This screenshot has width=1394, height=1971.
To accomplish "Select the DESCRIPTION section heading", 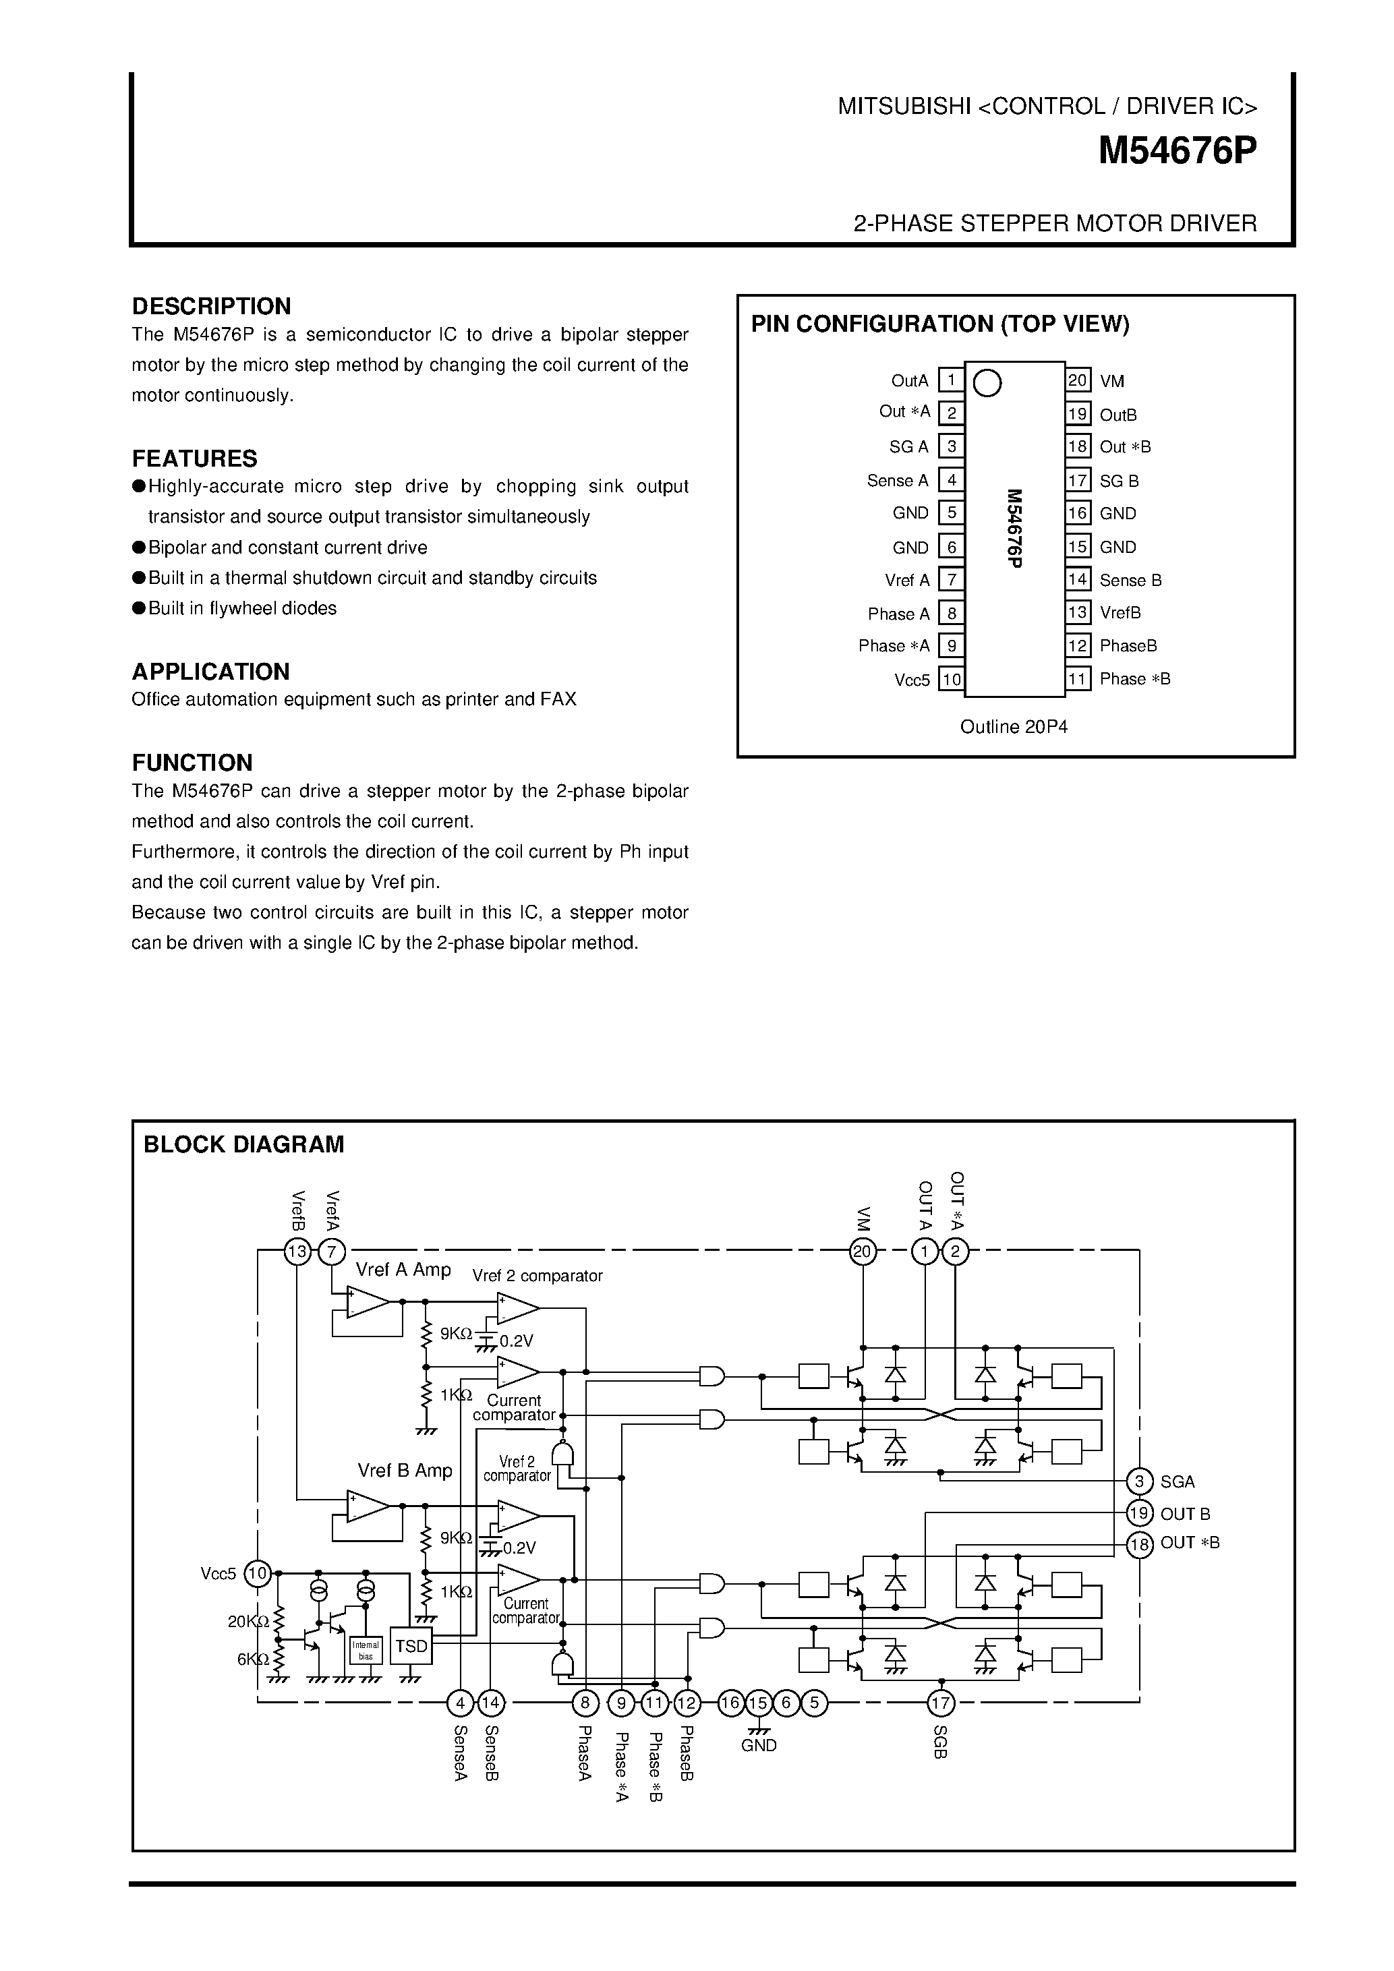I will tap(211, 306).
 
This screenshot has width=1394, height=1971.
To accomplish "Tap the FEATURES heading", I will tap(195, 459).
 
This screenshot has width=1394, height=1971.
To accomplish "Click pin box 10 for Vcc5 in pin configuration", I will tap(951, 680).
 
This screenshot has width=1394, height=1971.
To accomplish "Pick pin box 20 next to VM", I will tap(1078, 380).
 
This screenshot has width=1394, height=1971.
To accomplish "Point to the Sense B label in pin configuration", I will tap(1130, 581).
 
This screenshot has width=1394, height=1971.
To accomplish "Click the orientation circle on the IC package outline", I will tap(988, 383).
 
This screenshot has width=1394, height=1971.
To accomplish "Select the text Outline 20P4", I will tap(1014, 727).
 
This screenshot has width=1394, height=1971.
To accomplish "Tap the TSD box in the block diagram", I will tap(411, 1646).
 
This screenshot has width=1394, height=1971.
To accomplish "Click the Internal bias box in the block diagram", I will tap(366, 1650).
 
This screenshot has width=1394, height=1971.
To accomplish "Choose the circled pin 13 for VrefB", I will tap(297, 1252).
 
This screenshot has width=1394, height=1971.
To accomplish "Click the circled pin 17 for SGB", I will tap(941, 1703).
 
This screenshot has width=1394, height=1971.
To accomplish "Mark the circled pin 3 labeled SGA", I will tap(1139, 1481).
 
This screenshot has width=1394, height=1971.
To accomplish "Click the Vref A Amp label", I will tap(403, 1270).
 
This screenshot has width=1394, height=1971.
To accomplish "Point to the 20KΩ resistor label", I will tap(249, 1622).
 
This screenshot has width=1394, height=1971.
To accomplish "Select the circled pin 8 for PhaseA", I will tap(585, 1703).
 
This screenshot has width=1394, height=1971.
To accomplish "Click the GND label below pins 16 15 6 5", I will tap(759, 1745).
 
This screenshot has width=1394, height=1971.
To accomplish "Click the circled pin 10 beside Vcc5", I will tap(258, 1574).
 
